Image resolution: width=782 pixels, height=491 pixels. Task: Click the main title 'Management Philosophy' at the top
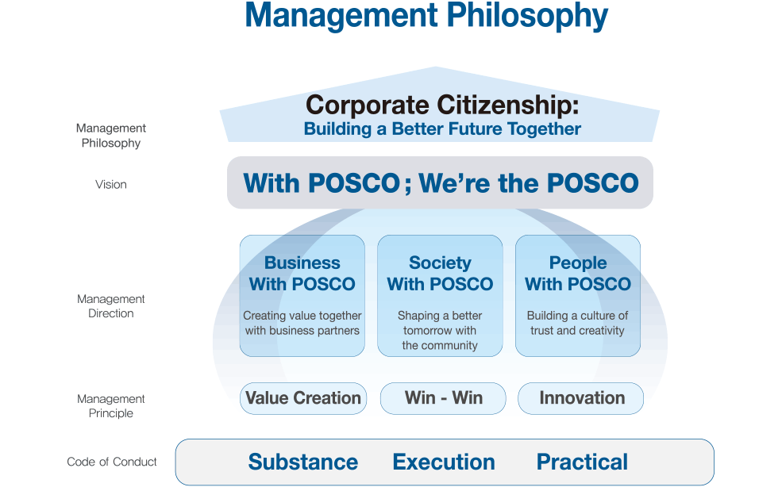click(x=426, y=16)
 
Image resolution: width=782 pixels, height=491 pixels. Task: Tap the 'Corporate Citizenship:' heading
click(x=442, y=105)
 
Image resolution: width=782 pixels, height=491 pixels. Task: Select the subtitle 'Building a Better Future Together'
click(x=442, y=129)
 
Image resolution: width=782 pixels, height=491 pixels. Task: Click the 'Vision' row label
click(x=110, y=185)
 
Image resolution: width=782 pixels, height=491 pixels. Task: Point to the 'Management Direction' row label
click(x=110, y=306)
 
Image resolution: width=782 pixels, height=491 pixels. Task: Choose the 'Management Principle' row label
click(x=110, y=406)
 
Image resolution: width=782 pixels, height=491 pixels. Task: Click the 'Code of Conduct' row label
click(x=112, y=462)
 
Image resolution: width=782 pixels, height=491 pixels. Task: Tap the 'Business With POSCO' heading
click(x=302, y=273)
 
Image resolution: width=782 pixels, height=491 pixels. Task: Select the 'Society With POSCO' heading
click(x=440, y=273)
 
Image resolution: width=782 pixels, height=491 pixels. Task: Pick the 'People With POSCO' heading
click(x=577, y=273)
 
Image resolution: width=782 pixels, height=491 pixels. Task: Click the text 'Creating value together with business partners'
click(x=302, y=323)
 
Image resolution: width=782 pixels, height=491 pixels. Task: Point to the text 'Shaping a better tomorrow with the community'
click(x=440, y=331)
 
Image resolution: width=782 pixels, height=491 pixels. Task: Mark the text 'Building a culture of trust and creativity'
click(x=577, y=323)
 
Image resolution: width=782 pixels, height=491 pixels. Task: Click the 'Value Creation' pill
click(x=303, y=398)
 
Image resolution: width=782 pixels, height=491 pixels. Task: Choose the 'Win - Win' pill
click(x=443, y=398)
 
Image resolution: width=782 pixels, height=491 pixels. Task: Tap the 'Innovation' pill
click(x=581, y=398)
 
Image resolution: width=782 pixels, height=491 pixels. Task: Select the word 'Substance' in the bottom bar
click(x=303, y=462)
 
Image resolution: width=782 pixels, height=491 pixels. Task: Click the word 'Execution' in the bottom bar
click(x=444, y=462)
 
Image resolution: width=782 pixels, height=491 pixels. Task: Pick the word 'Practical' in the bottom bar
click(x=582, y=462)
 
